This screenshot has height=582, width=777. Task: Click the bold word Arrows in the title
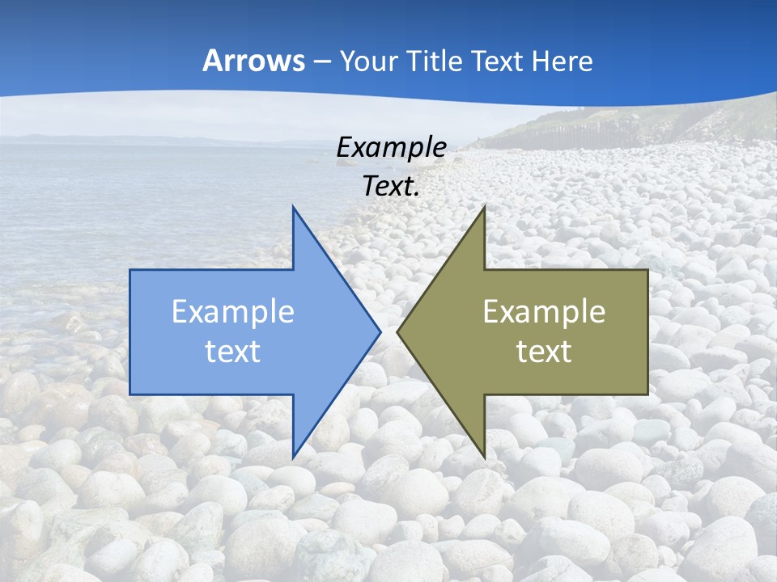coord(253,61)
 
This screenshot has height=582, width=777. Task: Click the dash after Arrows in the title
coord(321,62)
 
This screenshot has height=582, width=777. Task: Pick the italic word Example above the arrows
coord(391,148)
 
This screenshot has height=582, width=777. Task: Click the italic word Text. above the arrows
coord(391,186)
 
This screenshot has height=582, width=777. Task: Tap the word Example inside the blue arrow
coord(233,312)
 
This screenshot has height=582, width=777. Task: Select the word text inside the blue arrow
coord(233,351)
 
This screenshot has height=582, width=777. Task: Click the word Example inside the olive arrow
coord(544,312)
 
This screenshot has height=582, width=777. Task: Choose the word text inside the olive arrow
coord(544,351)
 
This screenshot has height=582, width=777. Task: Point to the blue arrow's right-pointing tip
coord(380,331)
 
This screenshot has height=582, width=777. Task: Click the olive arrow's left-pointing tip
coord(397,331)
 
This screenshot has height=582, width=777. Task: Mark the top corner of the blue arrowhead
coord(293,207)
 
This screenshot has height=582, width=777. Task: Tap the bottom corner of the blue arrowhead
coord(293,458)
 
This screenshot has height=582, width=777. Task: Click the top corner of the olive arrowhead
coord(484,207)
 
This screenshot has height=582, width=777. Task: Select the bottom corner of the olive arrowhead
coord(484,458)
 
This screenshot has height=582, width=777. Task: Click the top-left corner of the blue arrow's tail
coord(130,270)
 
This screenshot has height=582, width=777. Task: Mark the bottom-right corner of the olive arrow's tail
coord(647,394)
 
